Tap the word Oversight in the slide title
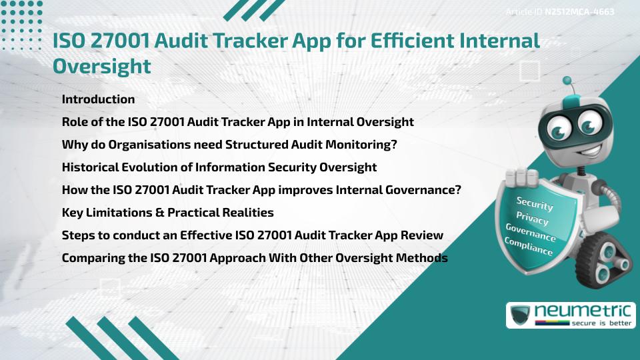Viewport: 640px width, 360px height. pyautogui.click(x=102, y=67)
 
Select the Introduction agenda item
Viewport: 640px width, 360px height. pyautogui.click(x=98, y=99)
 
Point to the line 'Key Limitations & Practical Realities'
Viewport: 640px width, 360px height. pyautogui.click(x=167, y=213)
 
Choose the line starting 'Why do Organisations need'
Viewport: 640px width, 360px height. pyautogui.click(x=229, y=144)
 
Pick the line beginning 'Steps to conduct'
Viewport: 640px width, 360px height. pyautogui.click(x=252, y=235)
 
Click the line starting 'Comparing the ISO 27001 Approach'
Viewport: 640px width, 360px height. pyautogui.click(x=254, y=257)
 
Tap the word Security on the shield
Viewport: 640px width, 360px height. pyautogui.click(x=535, y=204)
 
